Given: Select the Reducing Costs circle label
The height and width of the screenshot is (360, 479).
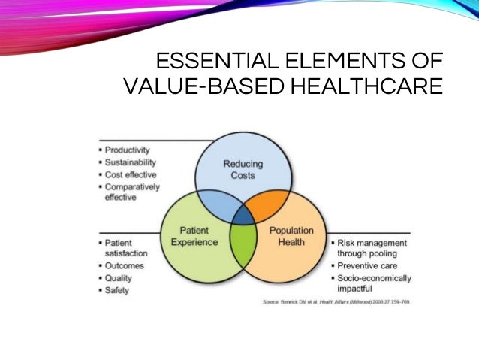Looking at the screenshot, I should click(x=239, y=170).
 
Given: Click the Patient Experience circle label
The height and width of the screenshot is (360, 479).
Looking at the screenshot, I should click(x=194, y=236).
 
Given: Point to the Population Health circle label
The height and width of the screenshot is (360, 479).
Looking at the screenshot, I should click(x=291, y=236).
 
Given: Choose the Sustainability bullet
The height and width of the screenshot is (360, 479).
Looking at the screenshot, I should click(x=130, y=162).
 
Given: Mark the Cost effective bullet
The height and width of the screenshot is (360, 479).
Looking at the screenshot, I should click(x=130, y=174).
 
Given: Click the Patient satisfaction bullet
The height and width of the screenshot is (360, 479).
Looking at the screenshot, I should click(x=123, y=248).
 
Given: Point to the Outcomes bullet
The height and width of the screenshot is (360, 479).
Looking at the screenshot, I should click(x=124, y=265).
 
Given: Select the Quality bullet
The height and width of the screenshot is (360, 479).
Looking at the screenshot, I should click(x=119, y=277).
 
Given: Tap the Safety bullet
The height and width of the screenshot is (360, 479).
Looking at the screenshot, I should click(x=118, y=290).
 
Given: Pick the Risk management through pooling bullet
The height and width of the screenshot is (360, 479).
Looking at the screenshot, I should click(x=372, y=248).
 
